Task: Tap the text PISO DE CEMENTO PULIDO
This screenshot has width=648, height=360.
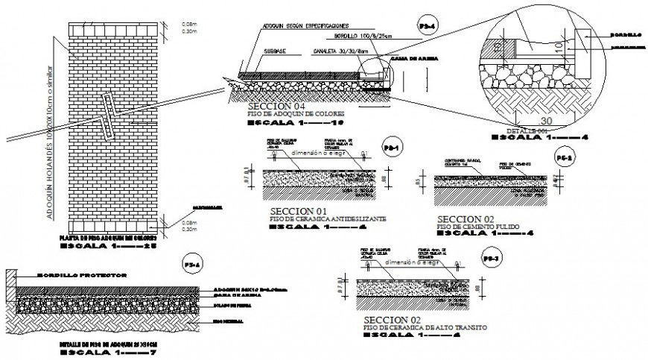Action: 477,226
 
